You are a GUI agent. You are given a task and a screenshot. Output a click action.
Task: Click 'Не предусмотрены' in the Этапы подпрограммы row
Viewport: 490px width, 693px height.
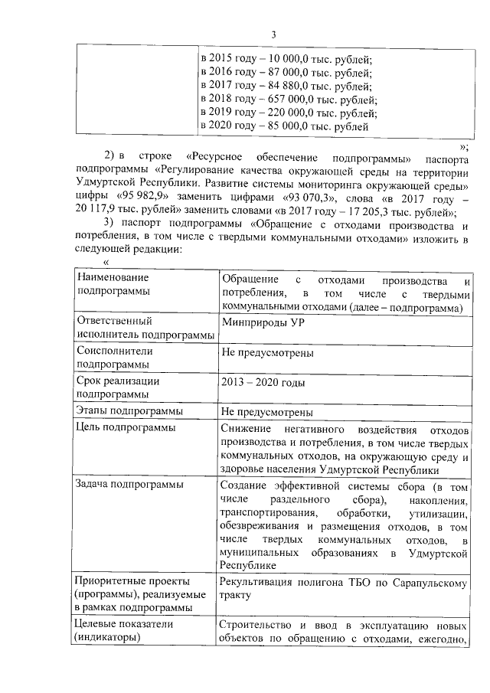266,412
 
